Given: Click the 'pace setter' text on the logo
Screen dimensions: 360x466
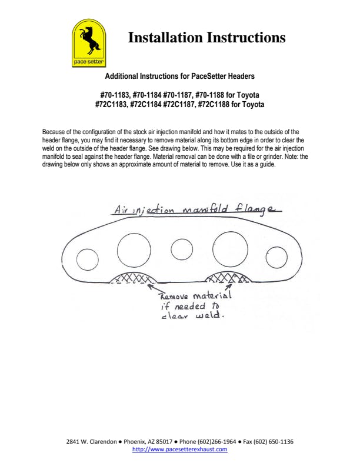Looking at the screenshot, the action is tap(89, 62).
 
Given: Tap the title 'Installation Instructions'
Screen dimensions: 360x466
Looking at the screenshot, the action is tap(206, 38).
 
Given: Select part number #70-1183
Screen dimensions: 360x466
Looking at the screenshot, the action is tap(115, 95).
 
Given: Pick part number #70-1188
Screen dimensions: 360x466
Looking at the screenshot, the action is tap(209, 95).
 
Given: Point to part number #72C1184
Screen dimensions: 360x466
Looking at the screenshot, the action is tap(145, 105).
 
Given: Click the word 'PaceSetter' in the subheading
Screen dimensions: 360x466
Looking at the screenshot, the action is tap(208, 76).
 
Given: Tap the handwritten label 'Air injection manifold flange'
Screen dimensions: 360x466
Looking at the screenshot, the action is tap(198, 209).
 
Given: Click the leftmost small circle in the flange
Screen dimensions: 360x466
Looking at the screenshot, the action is tap(87, 259).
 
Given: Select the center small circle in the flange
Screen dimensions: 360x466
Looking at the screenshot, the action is tap(182, 249).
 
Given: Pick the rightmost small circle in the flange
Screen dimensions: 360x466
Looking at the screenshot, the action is tap(276, 257).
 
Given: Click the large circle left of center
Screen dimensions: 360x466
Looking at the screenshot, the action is tap(134, 250).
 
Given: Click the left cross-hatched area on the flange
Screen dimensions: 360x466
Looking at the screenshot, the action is tap(134, 278).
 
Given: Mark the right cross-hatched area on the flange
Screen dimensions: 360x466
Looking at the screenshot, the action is tap(228, 277).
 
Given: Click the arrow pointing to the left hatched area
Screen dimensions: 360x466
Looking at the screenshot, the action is tap(155, 289).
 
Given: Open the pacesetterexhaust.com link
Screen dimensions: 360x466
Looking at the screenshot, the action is tap(179, 450).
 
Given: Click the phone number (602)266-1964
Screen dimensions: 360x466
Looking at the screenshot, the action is tap(216, 442).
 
